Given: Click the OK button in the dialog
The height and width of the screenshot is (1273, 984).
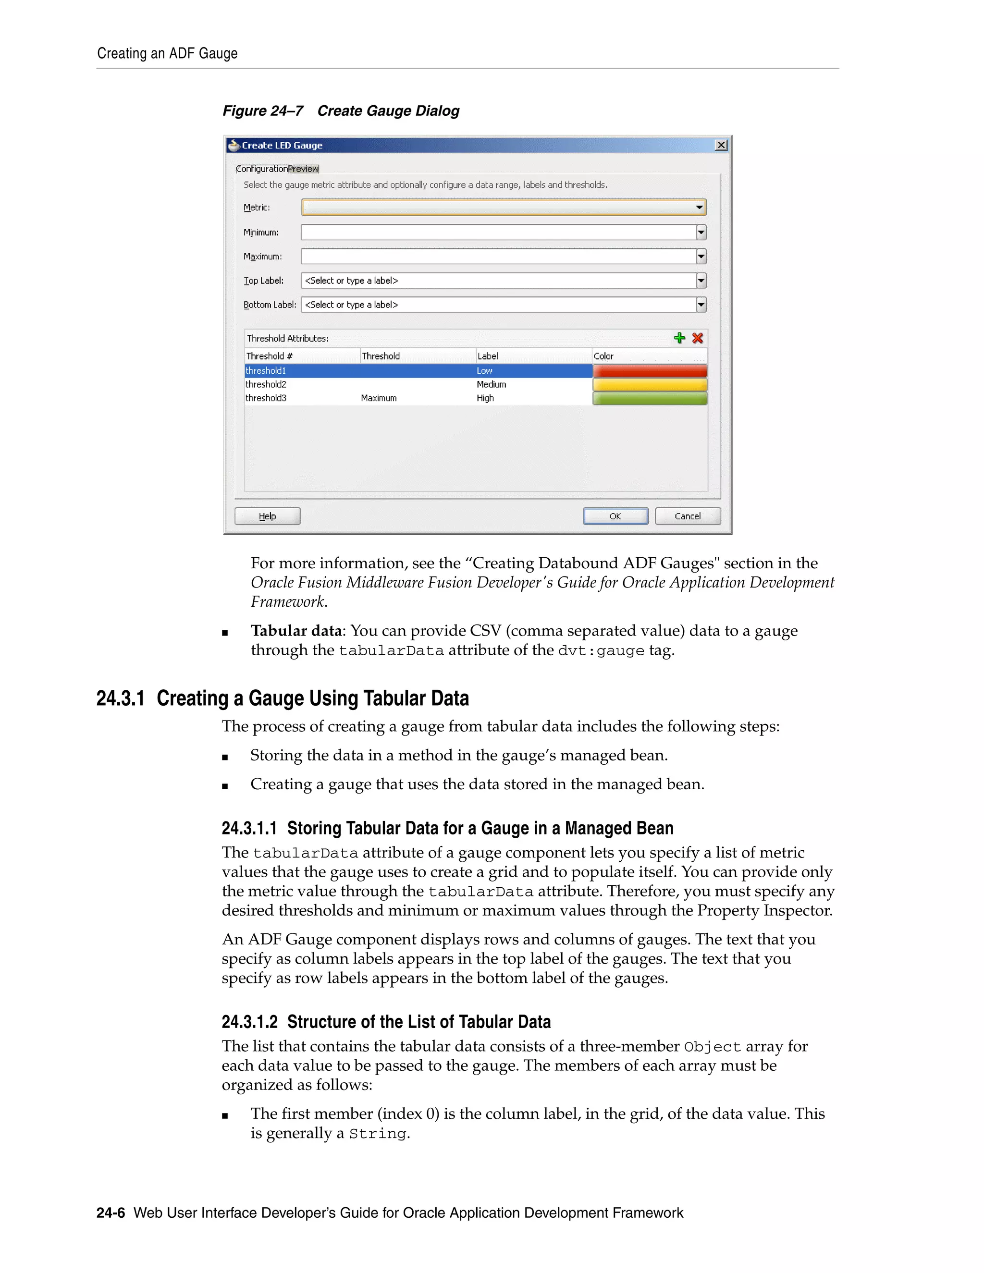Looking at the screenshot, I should coord(615,516).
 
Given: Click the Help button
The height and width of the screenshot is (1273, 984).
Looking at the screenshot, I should coord(267,516).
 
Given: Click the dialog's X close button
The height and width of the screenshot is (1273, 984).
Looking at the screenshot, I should coord(721,145).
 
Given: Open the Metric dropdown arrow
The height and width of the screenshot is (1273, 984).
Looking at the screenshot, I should coord(700,208).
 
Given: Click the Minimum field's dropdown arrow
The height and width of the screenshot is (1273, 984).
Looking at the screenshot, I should coord(701,233).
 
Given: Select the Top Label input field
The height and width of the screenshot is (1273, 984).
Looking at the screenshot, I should coord(498,281).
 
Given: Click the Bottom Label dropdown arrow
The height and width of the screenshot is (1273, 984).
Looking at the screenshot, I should coord(701,305).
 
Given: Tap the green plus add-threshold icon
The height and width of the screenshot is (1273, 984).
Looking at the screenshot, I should coord(679,338).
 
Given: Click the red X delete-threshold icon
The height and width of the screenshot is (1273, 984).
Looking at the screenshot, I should coord(697,338).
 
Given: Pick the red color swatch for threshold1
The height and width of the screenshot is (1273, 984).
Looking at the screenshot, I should coord(650,371).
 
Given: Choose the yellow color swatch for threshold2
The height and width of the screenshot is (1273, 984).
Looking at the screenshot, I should coord(650,385).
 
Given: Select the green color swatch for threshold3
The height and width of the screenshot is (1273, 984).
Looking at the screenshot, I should coord(650,398).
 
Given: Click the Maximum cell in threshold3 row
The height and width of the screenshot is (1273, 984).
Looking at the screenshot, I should coord(379,398).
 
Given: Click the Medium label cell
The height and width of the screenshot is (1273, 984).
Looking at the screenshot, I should coord(492,385).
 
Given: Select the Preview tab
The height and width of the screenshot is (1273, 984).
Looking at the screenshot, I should coord(303,169).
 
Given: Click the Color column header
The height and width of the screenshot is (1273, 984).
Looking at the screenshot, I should coord(604,356).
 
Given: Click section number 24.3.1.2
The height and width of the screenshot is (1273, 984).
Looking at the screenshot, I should coord(249,1022).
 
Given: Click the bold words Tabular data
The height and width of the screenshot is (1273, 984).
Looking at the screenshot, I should coord(296,631).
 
